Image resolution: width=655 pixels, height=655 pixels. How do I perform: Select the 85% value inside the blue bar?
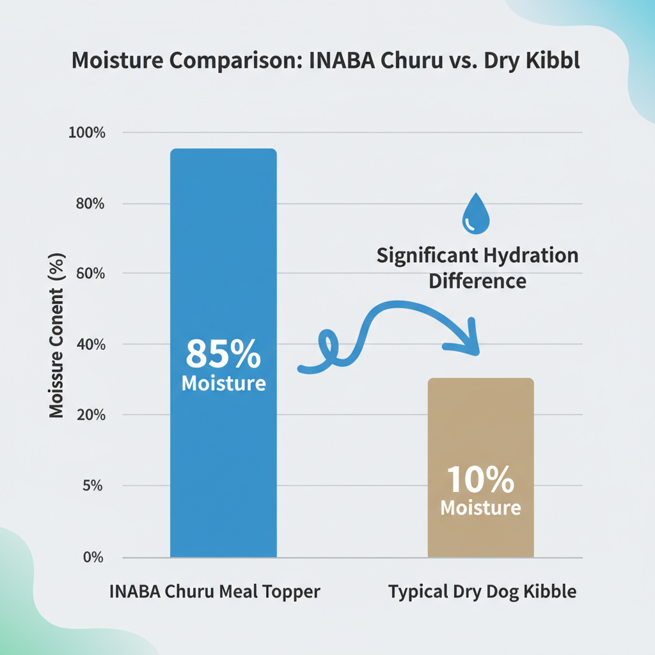tap(223, 354)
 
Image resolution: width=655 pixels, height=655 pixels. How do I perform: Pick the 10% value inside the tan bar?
tap(480, 479)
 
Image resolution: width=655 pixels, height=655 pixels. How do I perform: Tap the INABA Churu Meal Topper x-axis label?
tap(214, 592)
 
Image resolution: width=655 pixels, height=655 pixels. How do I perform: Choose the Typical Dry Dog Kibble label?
tap(482, 592)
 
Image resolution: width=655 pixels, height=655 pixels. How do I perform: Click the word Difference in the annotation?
tap(477, 281)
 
